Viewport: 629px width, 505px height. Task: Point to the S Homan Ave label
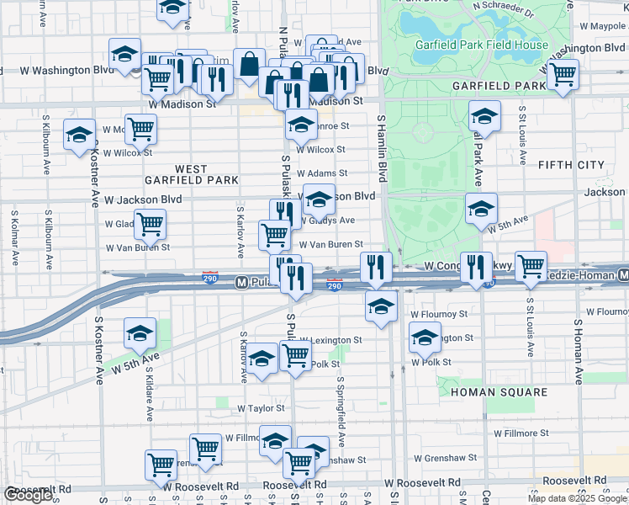click(x=579, y=353)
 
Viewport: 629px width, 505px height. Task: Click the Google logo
click(x=29, y=495)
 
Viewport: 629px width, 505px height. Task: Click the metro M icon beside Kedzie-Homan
click(x=622, y=275)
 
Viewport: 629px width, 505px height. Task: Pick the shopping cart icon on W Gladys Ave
click(x=150, y=223)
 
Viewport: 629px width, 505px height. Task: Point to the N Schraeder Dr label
click(x=503, y=9)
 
